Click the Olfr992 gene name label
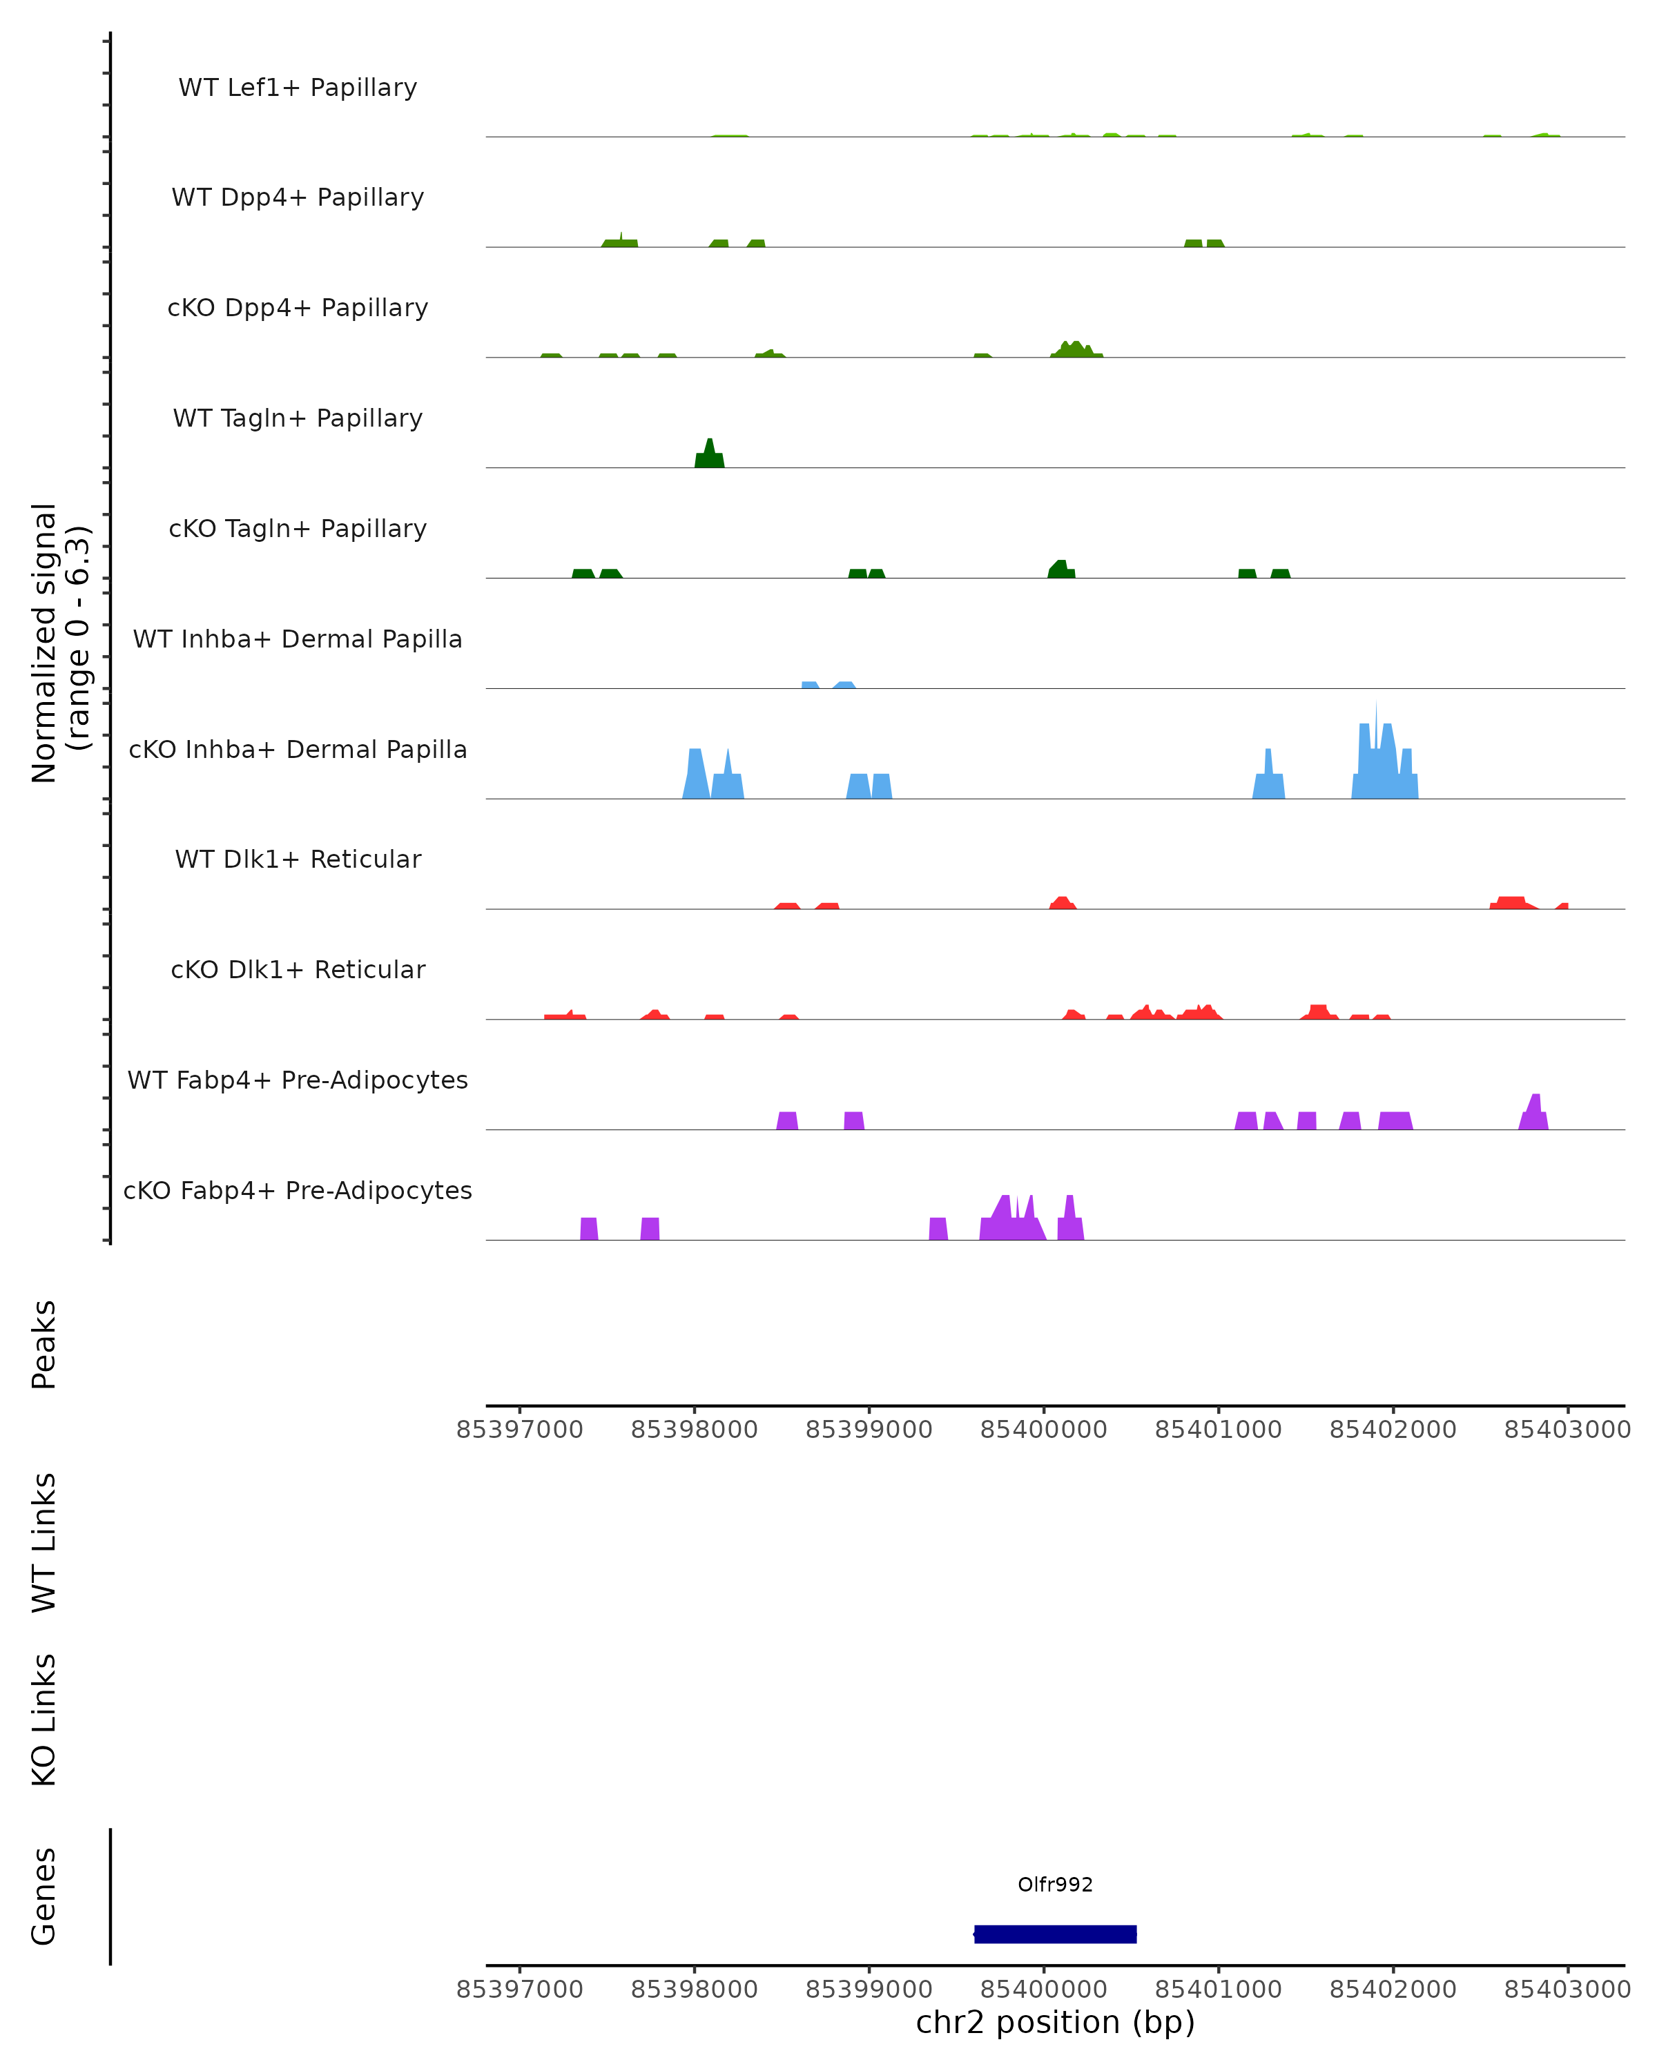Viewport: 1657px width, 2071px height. pyautogui.click(x=1055, y=1885)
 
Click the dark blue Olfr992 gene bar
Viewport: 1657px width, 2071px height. pyautogui.click(x=1055, y=1934)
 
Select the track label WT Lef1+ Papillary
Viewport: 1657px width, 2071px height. pyautogui.click(x=298, y=88)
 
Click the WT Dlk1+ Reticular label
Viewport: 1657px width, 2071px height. pyautogui.click(x=298, y=859)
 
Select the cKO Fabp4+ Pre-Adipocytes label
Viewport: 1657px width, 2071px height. pyautogui.click(x=298, y=1190)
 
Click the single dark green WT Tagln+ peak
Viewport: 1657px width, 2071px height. pyautogui.click(x=709, y=456)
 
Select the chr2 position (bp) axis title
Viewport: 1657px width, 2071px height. pyautogui.click(x=1055, y=2022)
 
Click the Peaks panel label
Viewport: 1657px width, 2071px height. pyautogui.click(x=44, y=1345)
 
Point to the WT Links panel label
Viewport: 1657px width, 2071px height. pyautogui.click(x=44, y=1543)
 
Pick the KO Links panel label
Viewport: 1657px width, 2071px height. pyautogui.click(x=44, y=1720)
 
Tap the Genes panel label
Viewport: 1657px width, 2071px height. pyautogui.click(x=44, y=1896)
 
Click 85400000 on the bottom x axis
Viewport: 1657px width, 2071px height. pyautogui.click(x=1043, y=1990)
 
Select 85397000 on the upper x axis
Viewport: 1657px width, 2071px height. pyautogui.click(x=520, y=1430)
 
